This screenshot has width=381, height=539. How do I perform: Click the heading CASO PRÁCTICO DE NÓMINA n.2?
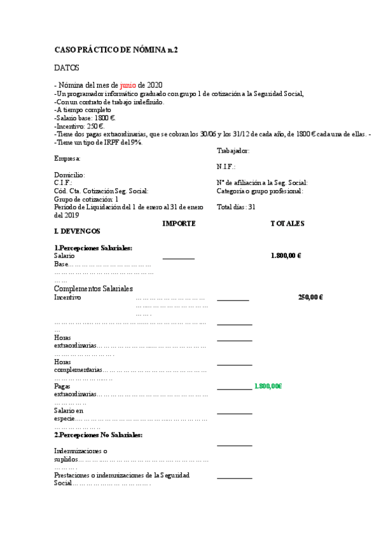116,50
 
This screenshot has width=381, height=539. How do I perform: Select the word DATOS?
67,67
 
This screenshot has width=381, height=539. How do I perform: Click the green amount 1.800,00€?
268,386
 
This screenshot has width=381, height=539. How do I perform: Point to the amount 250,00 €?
310,297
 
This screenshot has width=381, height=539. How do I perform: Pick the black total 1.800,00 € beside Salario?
286,256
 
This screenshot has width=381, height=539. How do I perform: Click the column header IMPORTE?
179,224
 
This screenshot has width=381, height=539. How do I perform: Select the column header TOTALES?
287,224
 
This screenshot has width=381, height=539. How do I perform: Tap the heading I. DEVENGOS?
77,231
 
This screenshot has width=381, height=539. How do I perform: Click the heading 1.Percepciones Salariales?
97,248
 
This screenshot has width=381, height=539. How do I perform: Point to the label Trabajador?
233,151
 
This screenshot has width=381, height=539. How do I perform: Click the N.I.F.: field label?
226,167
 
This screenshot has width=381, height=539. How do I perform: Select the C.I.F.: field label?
63,182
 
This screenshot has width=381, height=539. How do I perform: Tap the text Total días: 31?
236,207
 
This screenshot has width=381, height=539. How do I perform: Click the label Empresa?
67,158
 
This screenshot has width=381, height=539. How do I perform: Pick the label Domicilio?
70,175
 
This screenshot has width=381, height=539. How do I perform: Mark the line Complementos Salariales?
94,289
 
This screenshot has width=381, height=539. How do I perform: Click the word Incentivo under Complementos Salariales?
67,297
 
